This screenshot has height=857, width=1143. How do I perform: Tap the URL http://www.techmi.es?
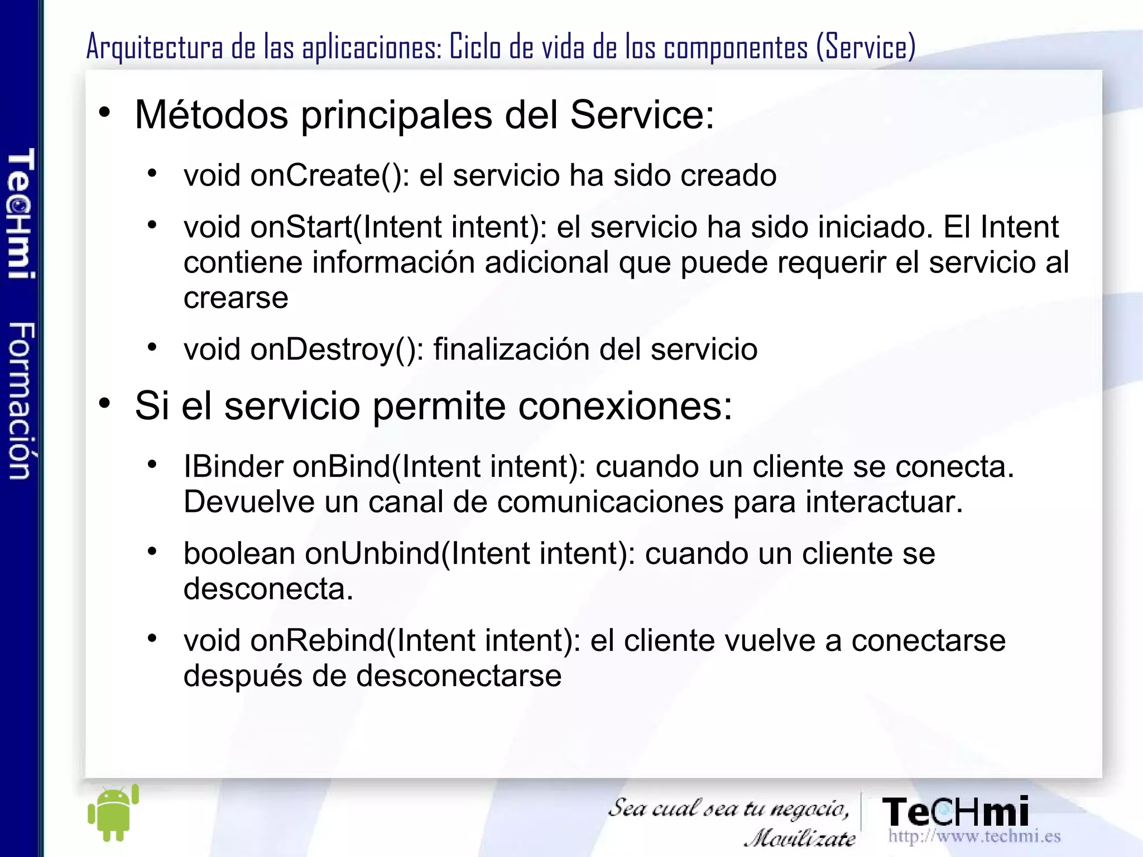(x=974, y=836)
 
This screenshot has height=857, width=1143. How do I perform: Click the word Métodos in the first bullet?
(x=212, y=115)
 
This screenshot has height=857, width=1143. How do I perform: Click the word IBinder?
(x=233, y=466)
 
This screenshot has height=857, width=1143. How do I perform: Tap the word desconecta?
(x=268, y=588)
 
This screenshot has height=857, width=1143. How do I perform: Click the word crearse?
(x=236, y=298)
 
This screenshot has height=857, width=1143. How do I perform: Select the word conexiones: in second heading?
(x=625, y=406)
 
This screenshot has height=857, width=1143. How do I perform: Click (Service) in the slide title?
(x=866, y=47)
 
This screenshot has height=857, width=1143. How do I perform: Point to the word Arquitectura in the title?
(x=155, y=47)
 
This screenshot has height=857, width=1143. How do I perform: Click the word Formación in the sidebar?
(x=21, y=400)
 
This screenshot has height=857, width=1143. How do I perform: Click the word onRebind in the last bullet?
(x=319, y=640)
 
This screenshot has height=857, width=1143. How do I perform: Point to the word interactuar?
(x=884, y=501)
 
